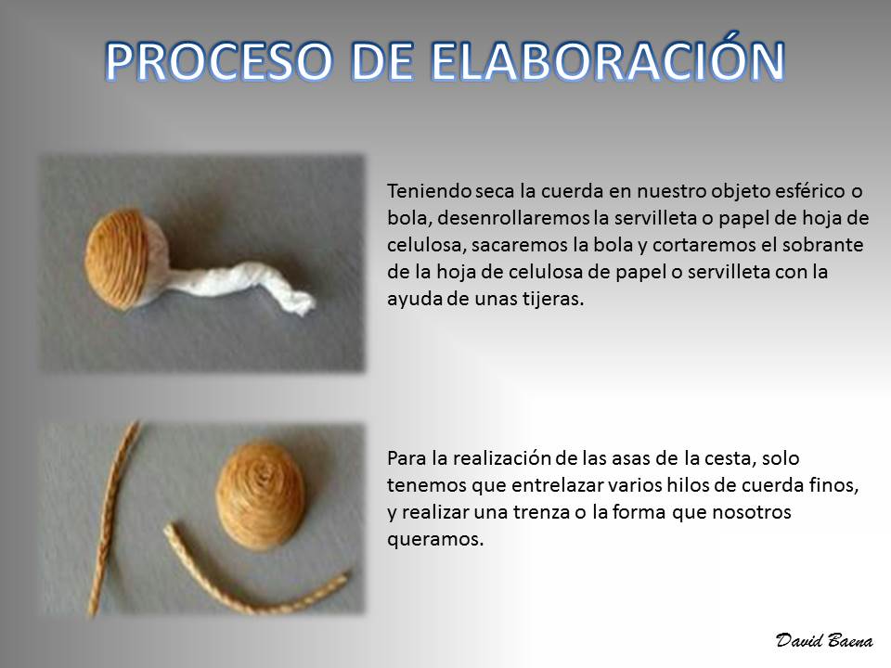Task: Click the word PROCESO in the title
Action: click(x=218, y=61)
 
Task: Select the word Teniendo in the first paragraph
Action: click(x=429, y=191)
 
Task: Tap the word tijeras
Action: click(x=553, y=299)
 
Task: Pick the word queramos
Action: click(x=435, y=540)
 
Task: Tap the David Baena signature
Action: click(x=824, y=640)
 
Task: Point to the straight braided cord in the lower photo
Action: click(x=113, y=518)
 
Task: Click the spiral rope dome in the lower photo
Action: click(x=262, y=495)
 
